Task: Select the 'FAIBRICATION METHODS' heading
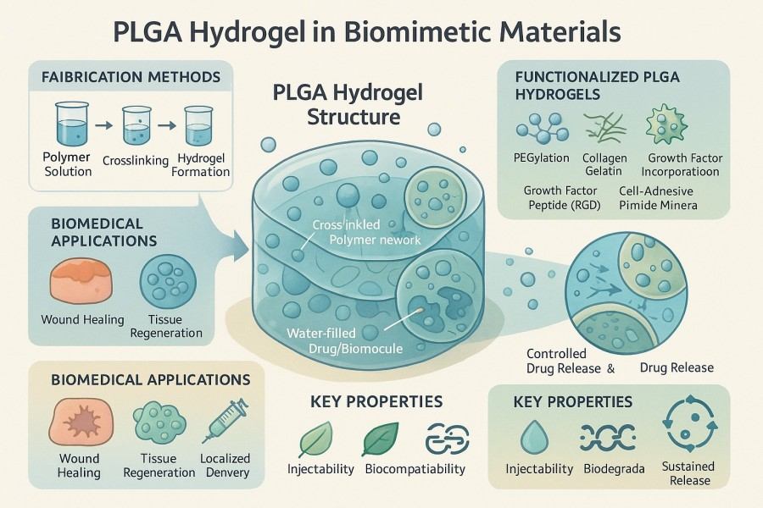point(125,78)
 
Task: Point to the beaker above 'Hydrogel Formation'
point(198,127)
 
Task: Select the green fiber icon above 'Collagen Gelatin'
point(603,126)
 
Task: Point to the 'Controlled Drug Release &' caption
point(570,361)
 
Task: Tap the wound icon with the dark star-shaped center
point(77,424)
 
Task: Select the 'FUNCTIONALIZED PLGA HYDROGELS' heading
point(597,85)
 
